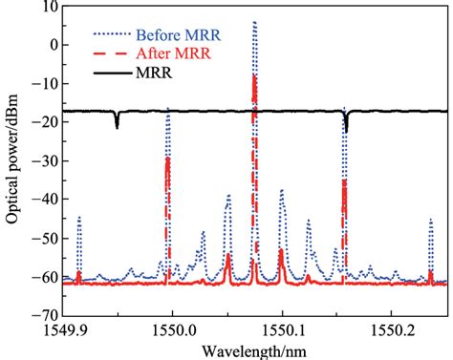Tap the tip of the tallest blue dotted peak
point(254,21)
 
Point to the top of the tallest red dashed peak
point(254,75)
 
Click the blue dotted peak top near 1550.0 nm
point(168,110)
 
